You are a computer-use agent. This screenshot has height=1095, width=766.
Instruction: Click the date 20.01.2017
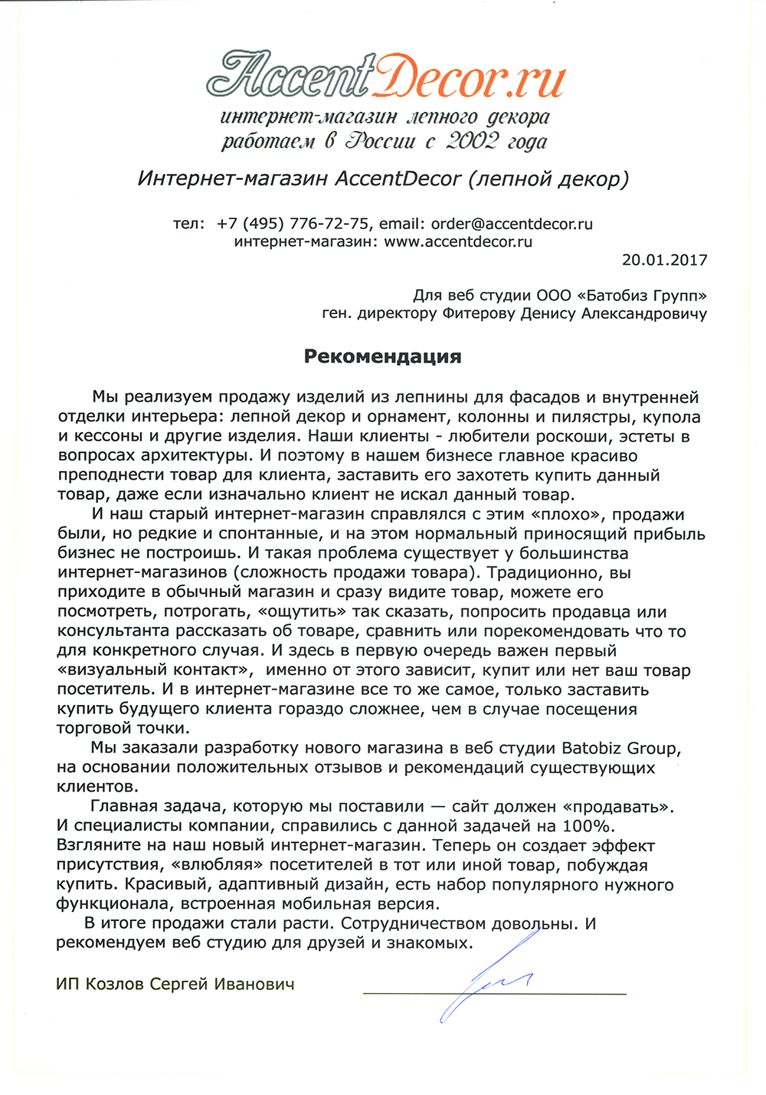tap(664, 260)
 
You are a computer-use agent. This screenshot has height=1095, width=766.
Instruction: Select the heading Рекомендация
tap(382, 356)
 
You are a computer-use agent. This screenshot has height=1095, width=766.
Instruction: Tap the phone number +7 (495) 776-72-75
tap(293, 224)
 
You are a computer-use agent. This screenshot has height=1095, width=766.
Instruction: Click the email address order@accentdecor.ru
tap(512, 224)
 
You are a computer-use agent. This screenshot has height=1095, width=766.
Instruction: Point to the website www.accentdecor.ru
tap(457, 241)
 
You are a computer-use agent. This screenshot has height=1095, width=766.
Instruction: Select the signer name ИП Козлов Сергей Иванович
tap(175, 984)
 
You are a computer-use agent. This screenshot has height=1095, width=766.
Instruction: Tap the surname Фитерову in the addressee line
tap(480, 313)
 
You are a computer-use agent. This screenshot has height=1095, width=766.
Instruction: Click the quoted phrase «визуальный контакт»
tap(155, 670)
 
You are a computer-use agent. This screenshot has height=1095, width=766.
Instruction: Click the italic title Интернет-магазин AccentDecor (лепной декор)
tap(383, 179)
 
